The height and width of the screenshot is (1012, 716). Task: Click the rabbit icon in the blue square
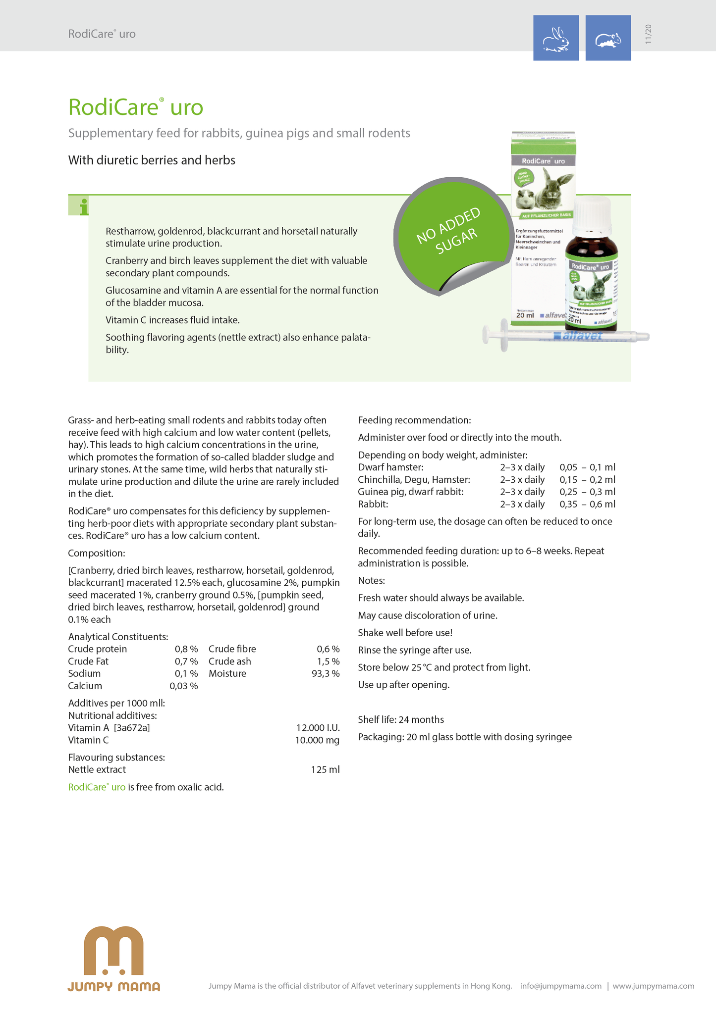point(555,38)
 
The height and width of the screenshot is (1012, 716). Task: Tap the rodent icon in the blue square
point(608,38)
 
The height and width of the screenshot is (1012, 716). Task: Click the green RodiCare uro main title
point(136,107)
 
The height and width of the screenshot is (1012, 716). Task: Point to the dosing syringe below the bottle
point(565,337)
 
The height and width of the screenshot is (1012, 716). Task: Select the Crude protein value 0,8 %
point(186,649)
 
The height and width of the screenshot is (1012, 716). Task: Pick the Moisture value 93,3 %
point(326,674)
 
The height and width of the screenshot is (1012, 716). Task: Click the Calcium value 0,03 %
point(184,686)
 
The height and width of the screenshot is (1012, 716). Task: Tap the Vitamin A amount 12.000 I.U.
point(318,728)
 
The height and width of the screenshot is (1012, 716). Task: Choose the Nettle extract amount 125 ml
point(325,770)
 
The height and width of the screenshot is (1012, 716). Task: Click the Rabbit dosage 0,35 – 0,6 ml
point(587,505)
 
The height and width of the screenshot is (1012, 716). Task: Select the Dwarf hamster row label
point(390,467)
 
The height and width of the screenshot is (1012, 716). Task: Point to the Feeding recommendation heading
point(414,420)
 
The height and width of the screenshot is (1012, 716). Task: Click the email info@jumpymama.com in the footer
point(560,986)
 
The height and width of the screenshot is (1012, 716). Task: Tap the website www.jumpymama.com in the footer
point(653,986)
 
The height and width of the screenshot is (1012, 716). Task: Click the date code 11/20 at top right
point(648,34)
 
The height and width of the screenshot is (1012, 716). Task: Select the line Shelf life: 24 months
point(401,720)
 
